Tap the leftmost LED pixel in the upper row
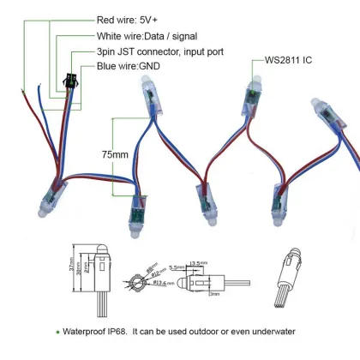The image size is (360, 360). pyautogui.click(x=142, y=102)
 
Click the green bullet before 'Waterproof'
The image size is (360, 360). pyautogui.click(x=58, y=331)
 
